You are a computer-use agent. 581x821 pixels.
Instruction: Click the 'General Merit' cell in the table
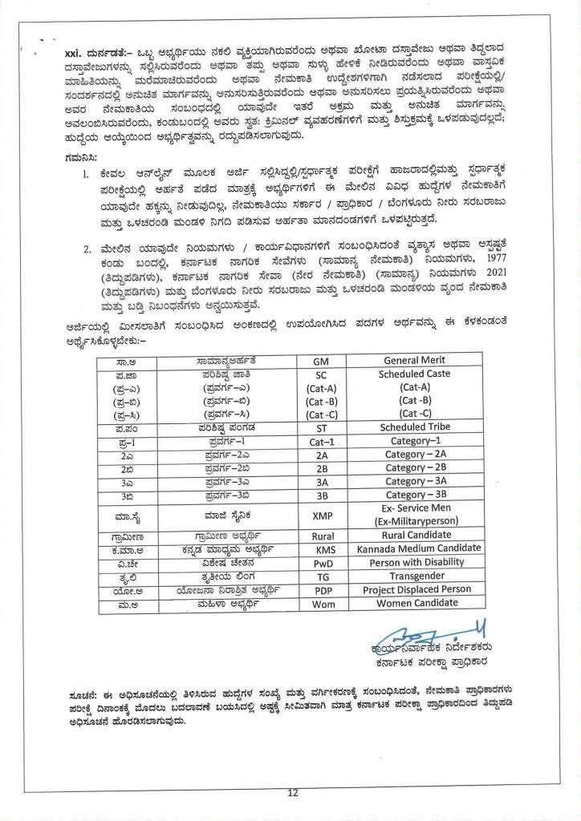(x=414, y=360)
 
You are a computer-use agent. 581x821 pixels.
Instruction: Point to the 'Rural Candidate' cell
(x=415, y=536)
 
